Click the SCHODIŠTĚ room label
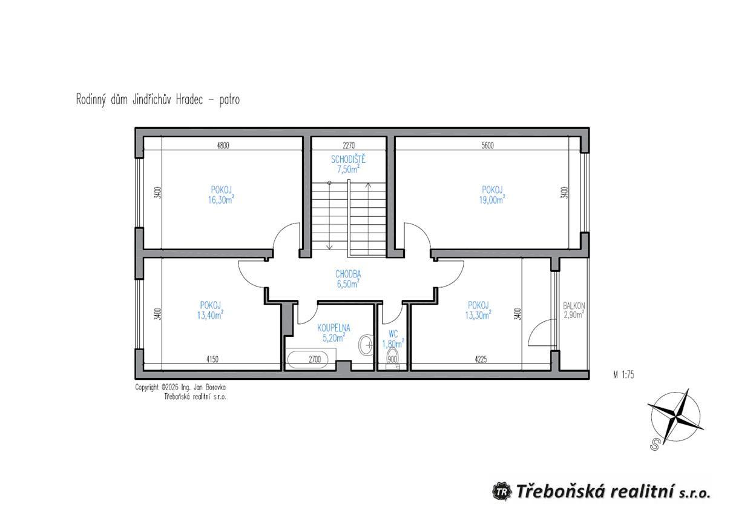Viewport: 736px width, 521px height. [x=348, y=159]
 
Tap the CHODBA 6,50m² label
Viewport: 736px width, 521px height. [x=348, y=279]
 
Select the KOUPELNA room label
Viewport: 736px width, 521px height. [x=334, y=328]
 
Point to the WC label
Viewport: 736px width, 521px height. [x=393, y=334]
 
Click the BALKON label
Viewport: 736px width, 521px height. [x=574, y=306]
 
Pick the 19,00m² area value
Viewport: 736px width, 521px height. [x=492, y=200]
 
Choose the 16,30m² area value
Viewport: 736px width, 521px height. [x=221, y=200]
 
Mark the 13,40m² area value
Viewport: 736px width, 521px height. [x=210, y=315]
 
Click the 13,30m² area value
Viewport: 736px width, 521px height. [x=478, y=315]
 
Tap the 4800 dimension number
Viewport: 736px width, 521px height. [x=223, y=145]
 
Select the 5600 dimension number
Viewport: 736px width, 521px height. [x=488, y=145]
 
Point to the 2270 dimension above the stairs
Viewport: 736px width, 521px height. [x=349, y=145]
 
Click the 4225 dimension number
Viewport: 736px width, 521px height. [x=481, y=359]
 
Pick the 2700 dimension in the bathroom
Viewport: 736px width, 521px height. [x=315, y=359]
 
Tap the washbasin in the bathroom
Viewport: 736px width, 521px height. [x=366, y=345]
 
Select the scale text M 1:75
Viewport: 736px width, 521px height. [x=623, y=374]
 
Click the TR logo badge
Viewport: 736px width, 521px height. [x=502, y=501]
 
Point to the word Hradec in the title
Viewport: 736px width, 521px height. [x=189, y=100]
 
